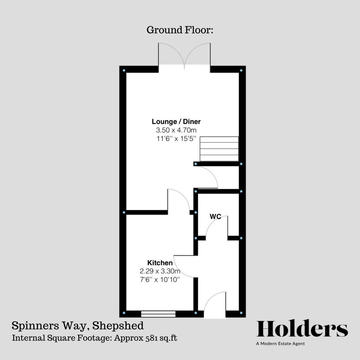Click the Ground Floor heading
(x=180, y=30)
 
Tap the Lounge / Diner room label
(x=176, y=122)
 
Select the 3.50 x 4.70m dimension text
(x=176, y=130)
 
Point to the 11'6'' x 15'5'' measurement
(x=176, y=138)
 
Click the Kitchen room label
(x=160, y=263)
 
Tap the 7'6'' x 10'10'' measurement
(x=160, y=279)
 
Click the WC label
(x=215, y=217)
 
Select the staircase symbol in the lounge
(x=219, y=149)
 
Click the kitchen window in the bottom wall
(x=158, y=314)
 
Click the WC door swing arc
(x=216, y=227)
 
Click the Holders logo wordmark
(x=302, y=329)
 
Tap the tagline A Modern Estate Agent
(x=280, y=344)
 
